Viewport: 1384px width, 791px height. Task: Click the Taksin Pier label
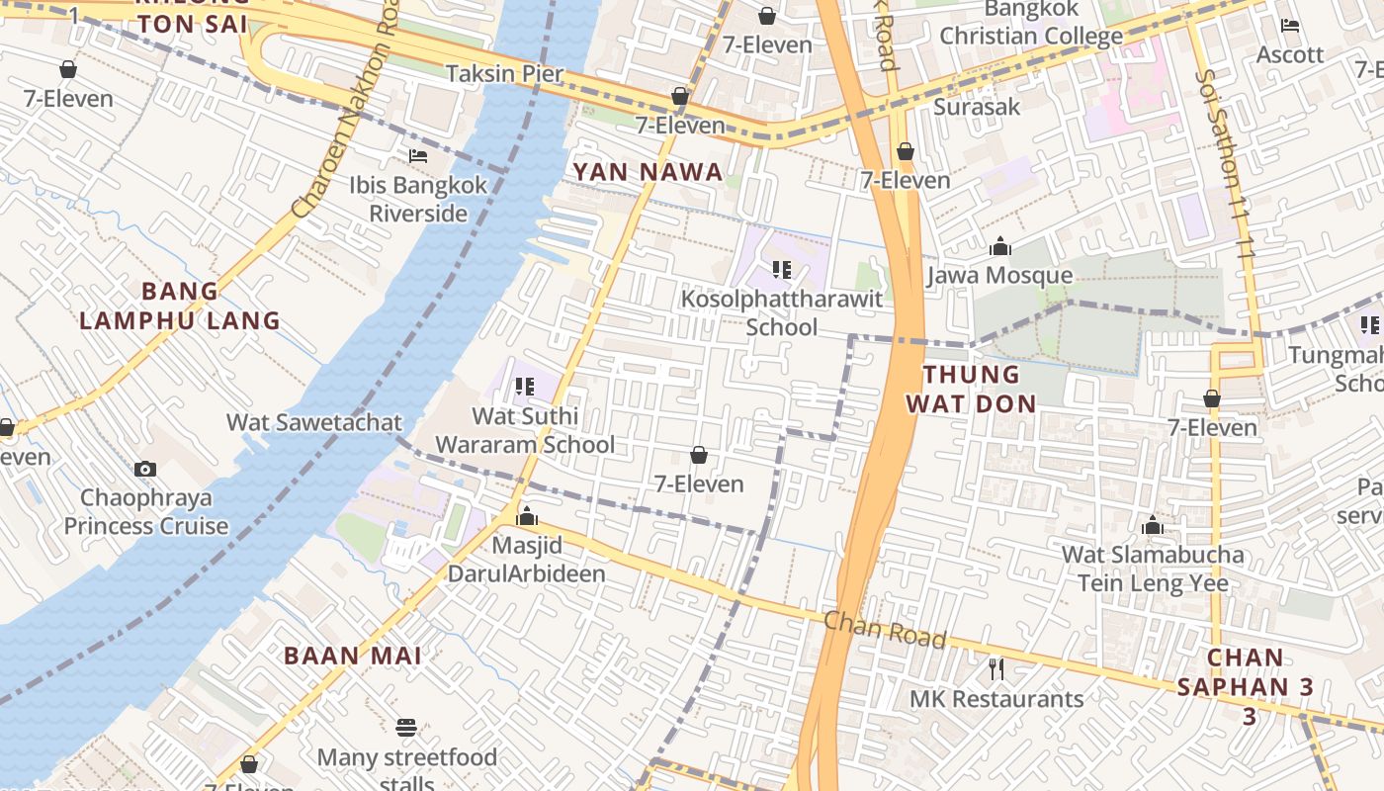point(504,73)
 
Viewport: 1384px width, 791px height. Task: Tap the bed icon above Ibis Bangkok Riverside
point(418,156)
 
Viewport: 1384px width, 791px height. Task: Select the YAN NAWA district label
point(648,172)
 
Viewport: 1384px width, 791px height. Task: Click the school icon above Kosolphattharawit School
point(782,269)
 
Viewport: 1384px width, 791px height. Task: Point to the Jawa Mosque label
point(998,275)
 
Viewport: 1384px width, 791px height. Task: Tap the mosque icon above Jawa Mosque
point(999,246)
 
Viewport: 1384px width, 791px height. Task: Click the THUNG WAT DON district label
point(971,389)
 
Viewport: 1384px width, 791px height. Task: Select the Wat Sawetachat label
point(314,422)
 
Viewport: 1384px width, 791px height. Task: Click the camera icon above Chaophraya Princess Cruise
point(145,469)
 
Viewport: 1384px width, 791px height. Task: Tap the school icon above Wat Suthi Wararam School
point(524,387)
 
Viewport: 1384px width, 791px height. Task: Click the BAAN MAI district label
point(353,656)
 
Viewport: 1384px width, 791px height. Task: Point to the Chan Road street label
point(884,629)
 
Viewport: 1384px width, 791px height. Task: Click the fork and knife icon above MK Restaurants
point(996,669)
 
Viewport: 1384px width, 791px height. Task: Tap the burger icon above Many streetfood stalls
point(405,729)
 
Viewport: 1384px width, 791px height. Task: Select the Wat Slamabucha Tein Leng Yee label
point(1153,569)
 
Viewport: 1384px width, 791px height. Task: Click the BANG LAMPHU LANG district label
point(180,306)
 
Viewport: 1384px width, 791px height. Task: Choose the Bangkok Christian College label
point(1031,23)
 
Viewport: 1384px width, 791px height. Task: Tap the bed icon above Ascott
point(1289,26)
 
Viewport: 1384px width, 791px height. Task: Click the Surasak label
point(977,106)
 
